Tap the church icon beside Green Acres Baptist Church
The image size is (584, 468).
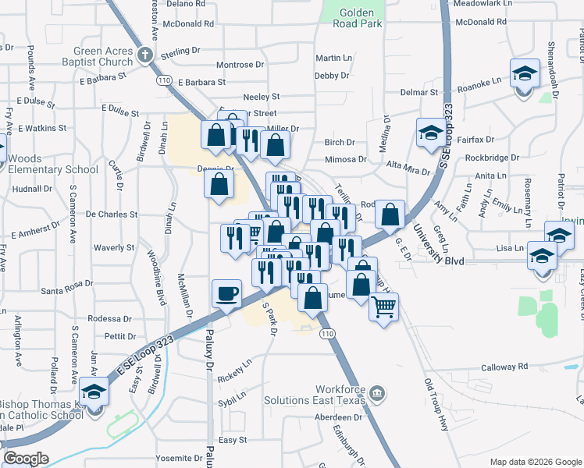tap(144, 55)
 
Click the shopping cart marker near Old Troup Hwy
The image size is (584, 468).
tap(383, 307)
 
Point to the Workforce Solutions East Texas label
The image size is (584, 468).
tap(340, 395)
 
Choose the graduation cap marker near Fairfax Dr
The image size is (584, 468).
tap(430, 133)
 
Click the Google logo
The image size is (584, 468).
tap(26, 459)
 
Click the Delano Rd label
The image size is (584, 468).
tap(186, 4)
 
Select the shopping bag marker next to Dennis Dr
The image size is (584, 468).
tap(220, 186)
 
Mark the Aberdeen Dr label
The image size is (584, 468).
tap(337, 417)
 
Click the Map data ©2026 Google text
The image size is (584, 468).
tap(535, 462)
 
